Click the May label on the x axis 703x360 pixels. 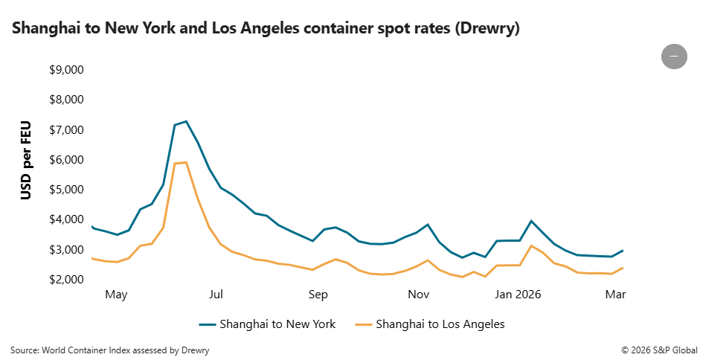click(x=116, y=295)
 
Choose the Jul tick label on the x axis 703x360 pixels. click(x=216, y=295)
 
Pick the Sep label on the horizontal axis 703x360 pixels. click(x=318, y=295)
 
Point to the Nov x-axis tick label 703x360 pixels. click(x=419, y=295)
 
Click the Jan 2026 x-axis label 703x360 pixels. click(x=519, y=295)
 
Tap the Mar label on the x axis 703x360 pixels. click(x=615, y=295)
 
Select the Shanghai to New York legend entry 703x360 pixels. click(x=267, y=324)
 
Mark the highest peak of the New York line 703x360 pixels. click(x=186, y=120)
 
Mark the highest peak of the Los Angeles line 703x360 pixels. click(x=186, y=162)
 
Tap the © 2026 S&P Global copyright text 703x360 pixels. click(x=659, y=350)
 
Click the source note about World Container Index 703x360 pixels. click(x=110, y=350)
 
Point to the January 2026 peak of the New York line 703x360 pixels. click(x=531, y=221)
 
